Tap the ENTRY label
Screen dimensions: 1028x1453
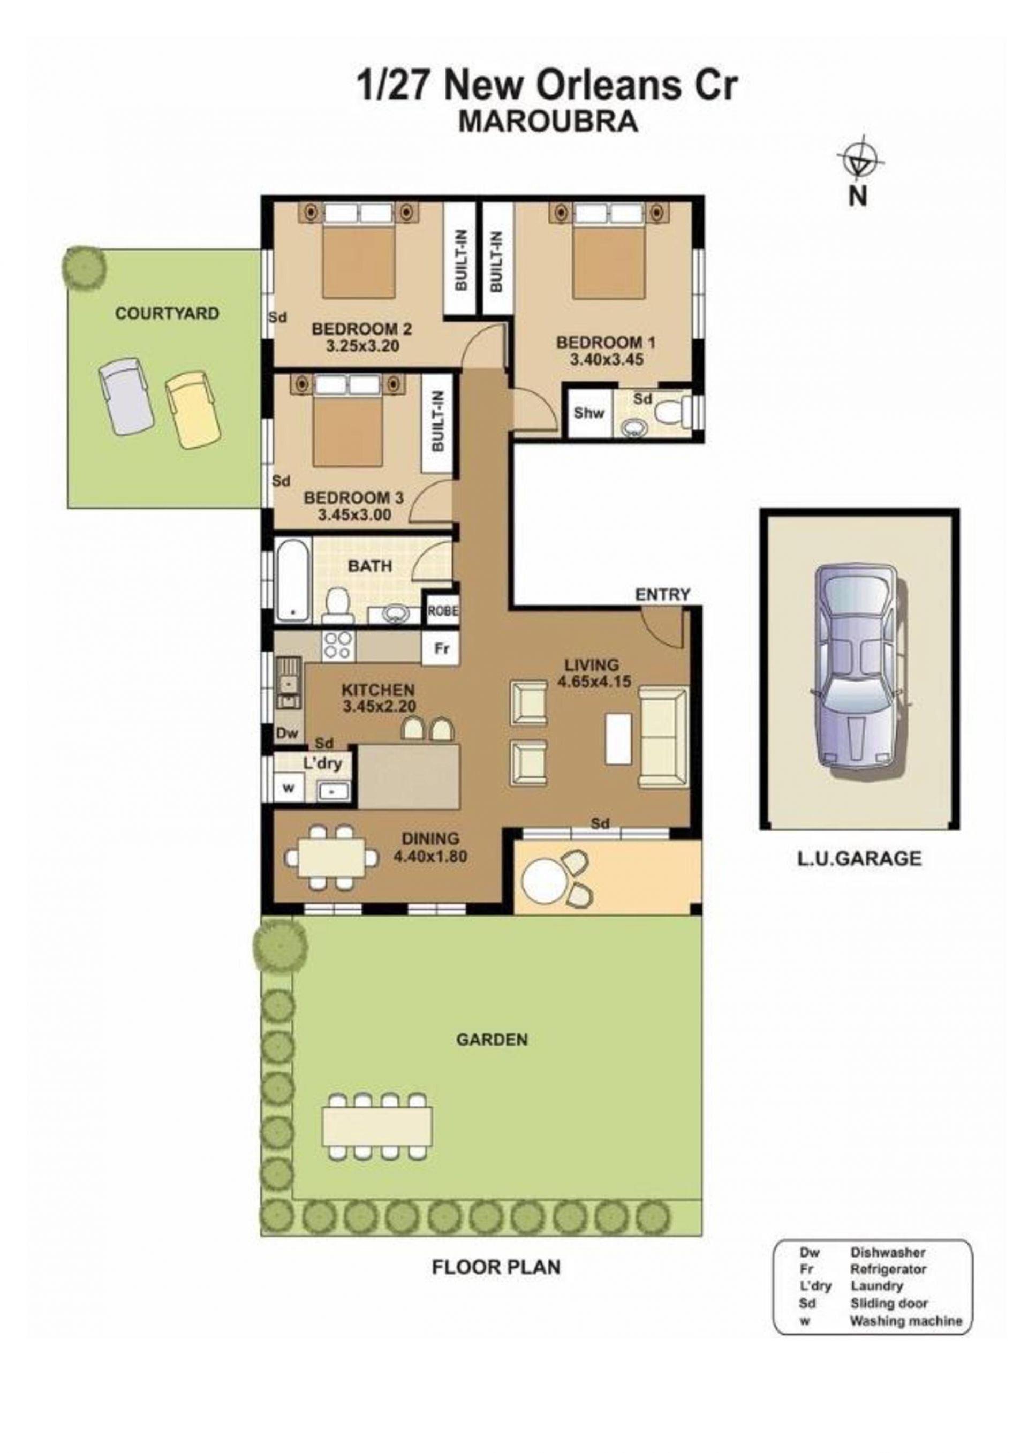[x=662, y=594]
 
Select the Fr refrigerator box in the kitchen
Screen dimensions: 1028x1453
[x=441, y=649]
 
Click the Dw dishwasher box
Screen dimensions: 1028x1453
[x=287, y=733]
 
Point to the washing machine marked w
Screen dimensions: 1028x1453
[x=289, y=789]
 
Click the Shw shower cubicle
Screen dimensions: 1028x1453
[x=589, y=413]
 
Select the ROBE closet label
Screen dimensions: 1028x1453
[x=442, y=611]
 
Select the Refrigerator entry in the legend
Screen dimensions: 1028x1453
[x=888, y=1269]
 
